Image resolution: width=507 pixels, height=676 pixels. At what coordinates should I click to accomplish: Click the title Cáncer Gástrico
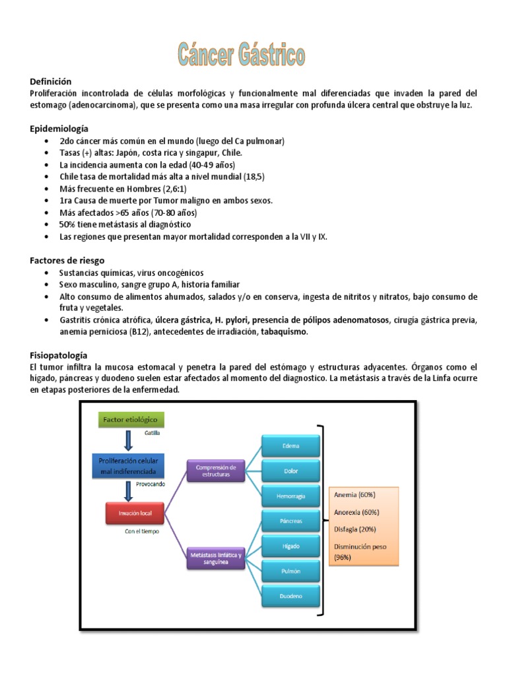click(241, 55)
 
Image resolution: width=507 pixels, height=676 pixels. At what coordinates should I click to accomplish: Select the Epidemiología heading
click(59, 129)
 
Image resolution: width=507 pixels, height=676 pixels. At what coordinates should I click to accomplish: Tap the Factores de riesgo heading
click(67, 261)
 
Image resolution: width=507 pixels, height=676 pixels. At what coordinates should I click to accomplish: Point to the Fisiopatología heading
click(59, 355)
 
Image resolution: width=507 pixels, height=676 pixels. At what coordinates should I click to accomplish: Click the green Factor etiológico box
click(132, 419)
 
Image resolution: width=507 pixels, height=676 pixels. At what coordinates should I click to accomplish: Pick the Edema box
click(290, 446)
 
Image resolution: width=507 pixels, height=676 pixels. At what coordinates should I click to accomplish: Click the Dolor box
click(290, 470)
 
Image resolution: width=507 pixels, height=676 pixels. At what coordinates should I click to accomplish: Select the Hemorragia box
click(290, 495)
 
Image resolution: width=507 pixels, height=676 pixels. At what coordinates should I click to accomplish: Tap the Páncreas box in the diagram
click(290, 520)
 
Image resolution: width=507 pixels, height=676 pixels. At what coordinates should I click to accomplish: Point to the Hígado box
click(290, 545)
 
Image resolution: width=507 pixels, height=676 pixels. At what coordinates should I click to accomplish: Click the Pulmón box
click(290, 570)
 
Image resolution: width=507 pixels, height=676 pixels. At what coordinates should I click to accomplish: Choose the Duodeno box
click(290, 596)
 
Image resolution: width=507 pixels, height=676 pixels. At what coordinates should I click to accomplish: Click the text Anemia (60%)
click(355, 495)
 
